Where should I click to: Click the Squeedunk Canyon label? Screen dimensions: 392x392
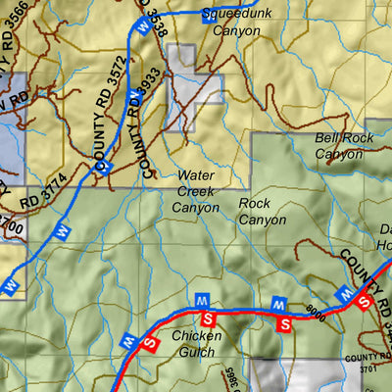click(x=230, y=23)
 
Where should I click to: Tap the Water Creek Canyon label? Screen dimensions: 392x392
click(x=196, y=191)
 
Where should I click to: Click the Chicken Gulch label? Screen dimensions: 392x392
click(x=197, y=343)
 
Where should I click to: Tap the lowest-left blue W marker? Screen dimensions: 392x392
click(x=12, y=285)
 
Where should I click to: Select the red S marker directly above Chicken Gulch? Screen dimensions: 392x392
click(x=207, y=319)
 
